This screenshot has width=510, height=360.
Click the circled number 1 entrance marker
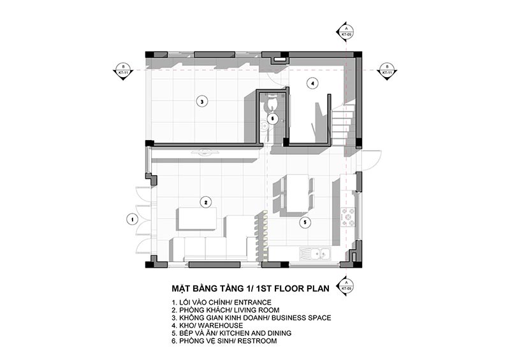pos(132,219)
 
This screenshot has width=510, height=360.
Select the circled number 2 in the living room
pos(206,202)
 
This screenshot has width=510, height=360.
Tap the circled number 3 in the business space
pos(200,101)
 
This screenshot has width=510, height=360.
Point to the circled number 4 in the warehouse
pos(312,83)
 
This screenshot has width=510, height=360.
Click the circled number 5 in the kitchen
pos(305,222)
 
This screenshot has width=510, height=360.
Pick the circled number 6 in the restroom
pos(272,118)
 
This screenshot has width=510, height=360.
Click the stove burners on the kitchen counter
pos(350,217)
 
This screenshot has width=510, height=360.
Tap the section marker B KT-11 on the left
pos(122,71)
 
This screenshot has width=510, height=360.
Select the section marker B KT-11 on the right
pos(386,70)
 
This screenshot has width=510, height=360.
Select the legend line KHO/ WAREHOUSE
pos(207,325)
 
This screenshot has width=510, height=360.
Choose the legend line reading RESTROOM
pos(224,342)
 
